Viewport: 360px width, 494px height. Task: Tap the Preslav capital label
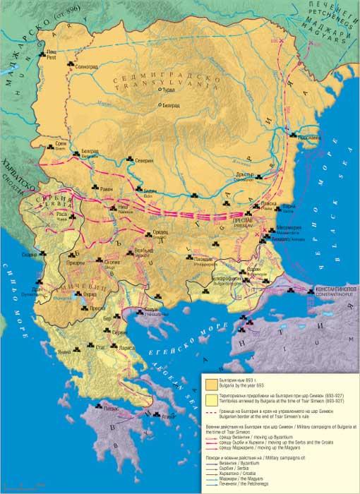point(245,221)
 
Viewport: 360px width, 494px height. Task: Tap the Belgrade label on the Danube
point(90,152)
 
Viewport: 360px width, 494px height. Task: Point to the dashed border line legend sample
point(212,416)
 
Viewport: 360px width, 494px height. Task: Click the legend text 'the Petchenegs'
point(253,486)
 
